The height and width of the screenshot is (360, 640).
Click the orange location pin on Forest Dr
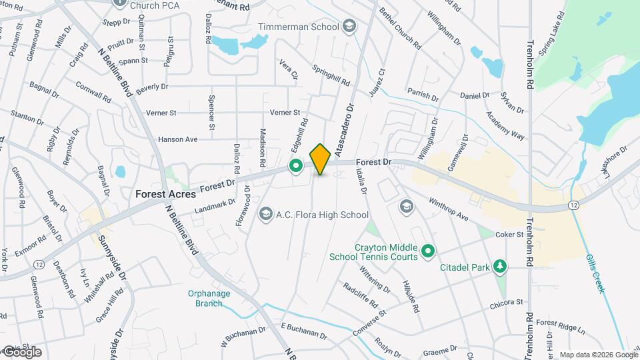coord(321,159)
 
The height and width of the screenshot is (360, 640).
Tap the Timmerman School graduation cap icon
coord(349,27)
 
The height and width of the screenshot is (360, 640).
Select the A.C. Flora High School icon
coord(266,214)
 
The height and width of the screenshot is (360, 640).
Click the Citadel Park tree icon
coord(499,267)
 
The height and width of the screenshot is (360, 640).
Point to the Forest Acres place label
coord(165,194)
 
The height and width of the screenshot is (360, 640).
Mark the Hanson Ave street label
coord(178,139)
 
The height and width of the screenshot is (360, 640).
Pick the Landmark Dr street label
coord(215,207)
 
